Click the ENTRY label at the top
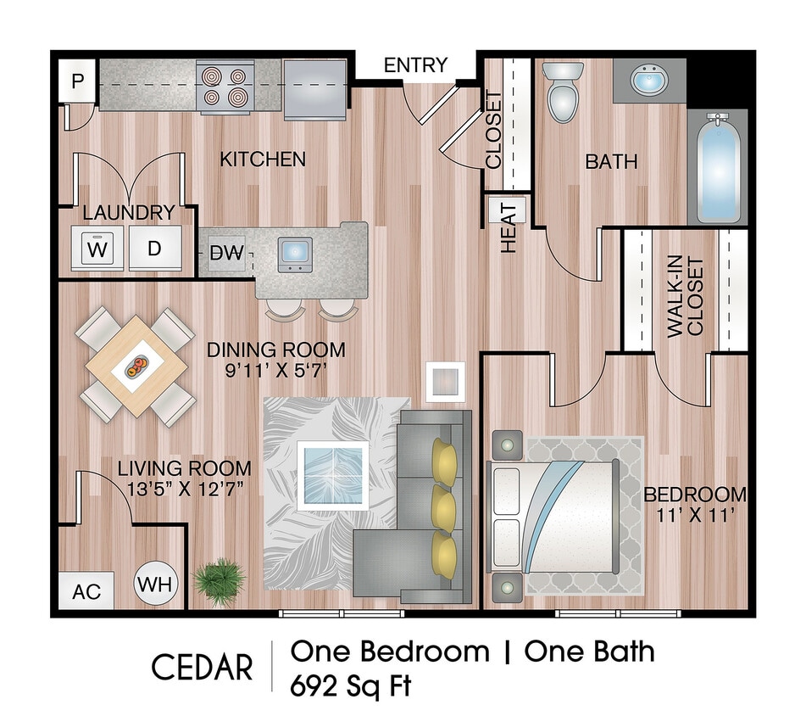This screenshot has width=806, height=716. point(415,65)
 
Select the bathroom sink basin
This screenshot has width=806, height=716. point(650,81)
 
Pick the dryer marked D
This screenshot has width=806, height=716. point(153,249)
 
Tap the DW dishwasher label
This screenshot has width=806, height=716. point(226,252)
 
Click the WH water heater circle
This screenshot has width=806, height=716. point(154,585)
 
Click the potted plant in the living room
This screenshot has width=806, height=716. point(220,580)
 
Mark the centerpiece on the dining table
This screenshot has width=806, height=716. point(136,366)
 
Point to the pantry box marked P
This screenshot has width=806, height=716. point(78,81)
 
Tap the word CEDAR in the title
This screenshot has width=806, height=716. point(202,667)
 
